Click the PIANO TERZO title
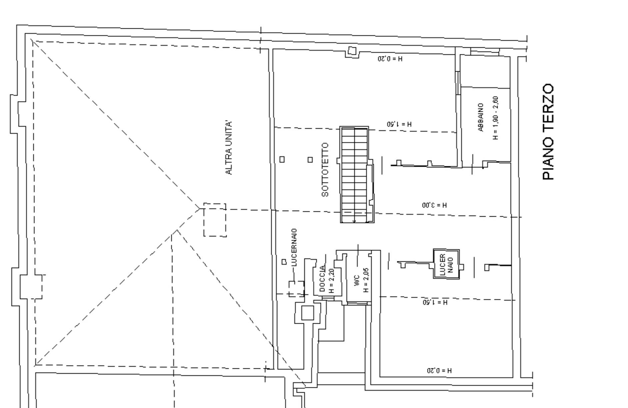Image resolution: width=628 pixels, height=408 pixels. pos(548,132)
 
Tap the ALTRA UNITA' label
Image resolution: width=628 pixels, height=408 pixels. pos(229,148)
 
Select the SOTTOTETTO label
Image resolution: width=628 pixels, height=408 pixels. pos(325,170)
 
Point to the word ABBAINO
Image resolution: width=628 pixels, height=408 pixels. pos(481,117)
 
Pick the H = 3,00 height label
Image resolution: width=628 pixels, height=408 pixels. pos(434,205)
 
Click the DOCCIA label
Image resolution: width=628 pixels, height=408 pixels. pos(322,279)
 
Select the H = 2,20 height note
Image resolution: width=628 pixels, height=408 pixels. pos(331,281)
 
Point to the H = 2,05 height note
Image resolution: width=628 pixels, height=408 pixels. pos(366,280)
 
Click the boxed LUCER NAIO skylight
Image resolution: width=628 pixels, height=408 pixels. pos(446,264)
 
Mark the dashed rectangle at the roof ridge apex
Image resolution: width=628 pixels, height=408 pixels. pos(215,220)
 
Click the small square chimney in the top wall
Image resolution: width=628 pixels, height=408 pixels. pos(352,51)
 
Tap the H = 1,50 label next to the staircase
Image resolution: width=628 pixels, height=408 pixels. pos(399,124)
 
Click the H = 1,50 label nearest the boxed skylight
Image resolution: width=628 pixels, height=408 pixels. pos(435,302)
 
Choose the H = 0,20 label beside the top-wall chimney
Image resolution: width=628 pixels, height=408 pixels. pos(390,59)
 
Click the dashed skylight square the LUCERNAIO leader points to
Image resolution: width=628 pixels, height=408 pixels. pos(296,289)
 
